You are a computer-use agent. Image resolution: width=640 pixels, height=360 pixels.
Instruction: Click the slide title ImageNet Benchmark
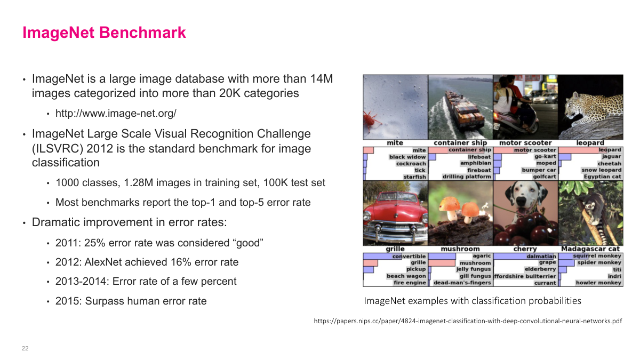pos(104,33)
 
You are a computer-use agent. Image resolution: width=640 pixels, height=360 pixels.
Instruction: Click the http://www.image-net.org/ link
pos(116,113)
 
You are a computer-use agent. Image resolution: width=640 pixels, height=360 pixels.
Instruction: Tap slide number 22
pos(25,348)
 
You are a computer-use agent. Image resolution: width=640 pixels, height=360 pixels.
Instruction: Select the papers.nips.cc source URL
pos(468,321)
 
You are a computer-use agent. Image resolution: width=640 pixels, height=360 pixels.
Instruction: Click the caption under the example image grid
pos(472,301)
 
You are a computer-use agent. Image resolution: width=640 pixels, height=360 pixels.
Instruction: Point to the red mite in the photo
pos(369,120)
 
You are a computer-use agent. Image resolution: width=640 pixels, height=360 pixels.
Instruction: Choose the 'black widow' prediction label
pos(407,157)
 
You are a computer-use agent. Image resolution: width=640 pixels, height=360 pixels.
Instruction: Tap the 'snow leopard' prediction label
pos(601,170)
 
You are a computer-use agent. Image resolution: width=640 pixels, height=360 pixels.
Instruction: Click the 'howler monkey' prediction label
pos(598,283)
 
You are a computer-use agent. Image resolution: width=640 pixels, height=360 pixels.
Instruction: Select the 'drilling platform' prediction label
pos(467,177)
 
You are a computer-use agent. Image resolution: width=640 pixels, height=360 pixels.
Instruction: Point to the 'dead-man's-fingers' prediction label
pos(462,283)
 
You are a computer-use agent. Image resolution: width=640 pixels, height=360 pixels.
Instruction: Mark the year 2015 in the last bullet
pos(67,301)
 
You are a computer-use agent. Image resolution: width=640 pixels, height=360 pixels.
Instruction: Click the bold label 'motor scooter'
pos(525,143)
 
